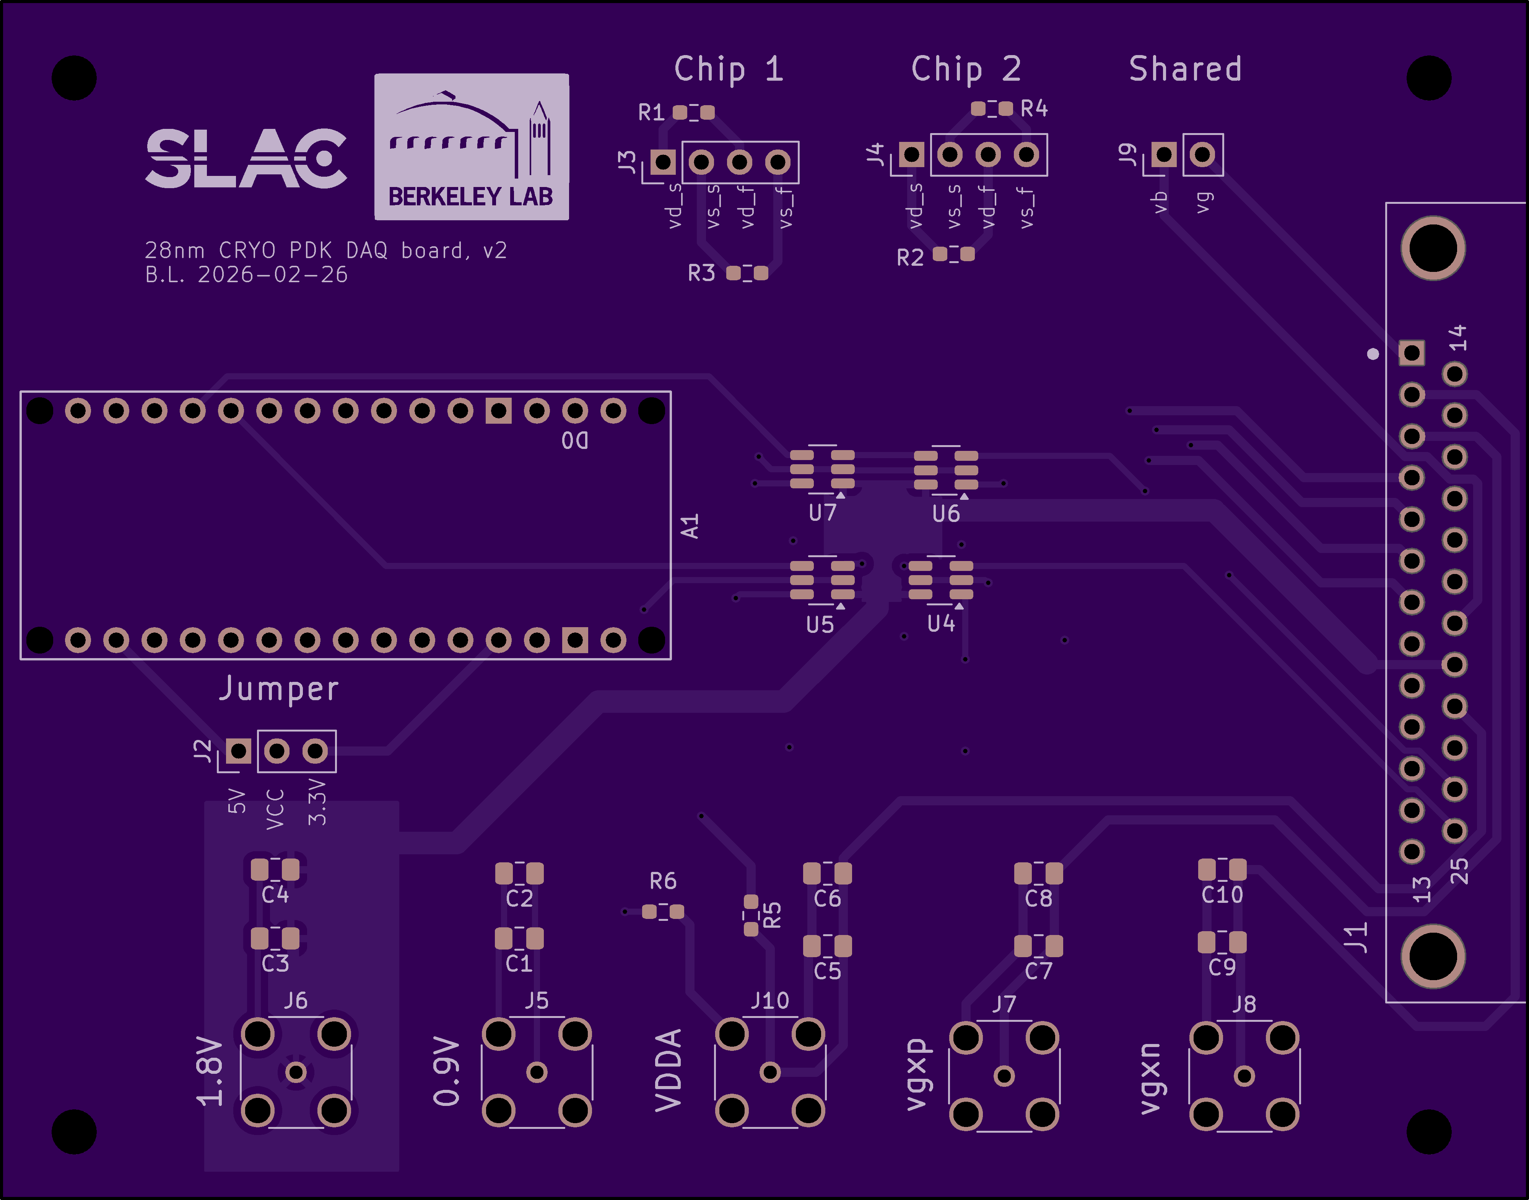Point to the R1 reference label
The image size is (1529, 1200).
651,112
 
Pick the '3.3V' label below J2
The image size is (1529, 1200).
317,802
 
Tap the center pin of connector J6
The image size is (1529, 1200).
296,1072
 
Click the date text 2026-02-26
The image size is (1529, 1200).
273,275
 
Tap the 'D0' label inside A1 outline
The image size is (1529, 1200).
575,441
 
